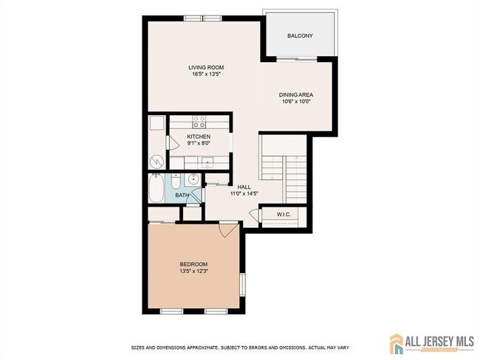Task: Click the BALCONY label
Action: [x=300, y=36]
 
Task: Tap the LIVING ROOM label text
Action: [x=206, y=68]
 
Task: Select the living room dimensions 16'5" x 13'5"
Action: [x=206, y=75]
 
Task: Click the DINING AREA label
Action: [x=295, y=95]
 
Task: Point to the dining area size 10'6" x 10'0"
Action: [x=296, y=102]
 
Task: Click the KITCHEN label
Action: [x=199, y=136]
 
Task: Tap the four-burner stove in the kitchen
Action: [x=199, y=122]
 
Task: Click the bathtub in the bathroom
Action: [x=157, y=188]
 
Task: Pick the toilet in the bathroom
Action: [x=176, y=181]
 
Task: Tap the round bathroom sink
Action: [x=193, y=179]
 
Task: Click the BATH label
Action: [x=182, y=195]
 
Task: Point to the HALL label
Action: [x=244, y=187]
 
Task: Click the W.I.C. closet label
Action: [x=284, y=215]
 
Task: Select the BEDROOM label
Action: [x=193, y=264]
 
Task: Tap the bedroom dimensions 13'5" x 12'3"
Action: [x=193, y=271]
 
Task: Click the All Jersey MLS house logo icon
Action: [x=397, y=344]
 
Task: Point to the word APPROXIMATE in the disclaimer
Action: [x=202, y=347]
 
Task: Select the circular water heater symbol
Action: [x=157, y=162]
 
